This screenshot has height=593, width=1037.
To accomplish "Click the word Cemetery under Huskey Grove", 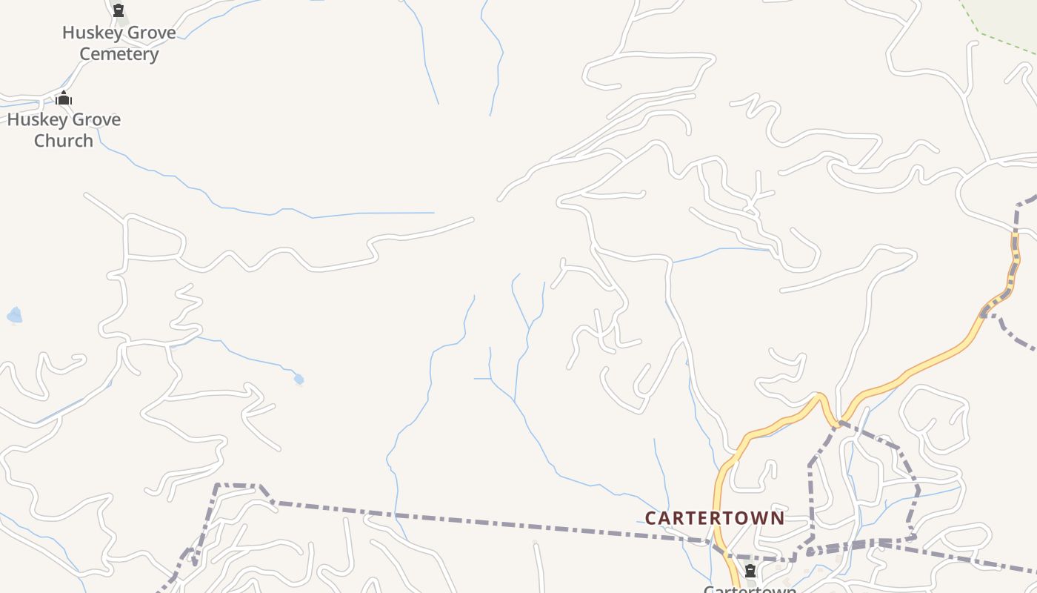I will (119, 54).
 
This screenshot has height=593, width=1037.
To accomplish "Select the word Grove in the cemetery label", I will (150, 33).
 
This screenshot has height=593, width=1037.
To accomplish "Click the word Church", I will (64, 141).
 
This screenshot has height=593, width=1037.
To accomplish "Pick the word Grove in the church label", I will (94, 119).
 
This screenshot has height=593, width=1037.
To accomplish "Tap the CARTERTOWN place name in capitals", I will (714, 517).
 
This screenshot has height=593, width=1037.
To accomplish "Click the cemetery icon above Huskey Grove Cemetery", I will (118, 10).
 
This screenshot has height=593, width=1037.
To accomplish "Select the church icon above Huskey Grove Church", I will (64, 98).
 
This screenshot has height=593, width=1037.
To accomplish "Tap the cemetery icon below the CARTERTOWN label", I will (750, 571).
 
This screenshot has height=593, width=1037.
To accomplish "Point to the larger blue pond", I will (14, 317).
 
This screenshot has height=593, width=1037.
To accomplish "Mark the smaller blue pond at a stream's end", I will (299, 380).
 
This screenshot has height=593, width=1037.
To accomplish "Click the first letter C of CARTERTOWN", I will (651, 517).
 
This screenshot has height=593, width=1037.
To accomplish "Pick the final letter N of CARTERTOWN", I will (778, 517).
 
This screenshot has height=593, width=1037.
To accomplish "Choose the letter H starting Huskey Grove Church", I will (13, 119).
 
